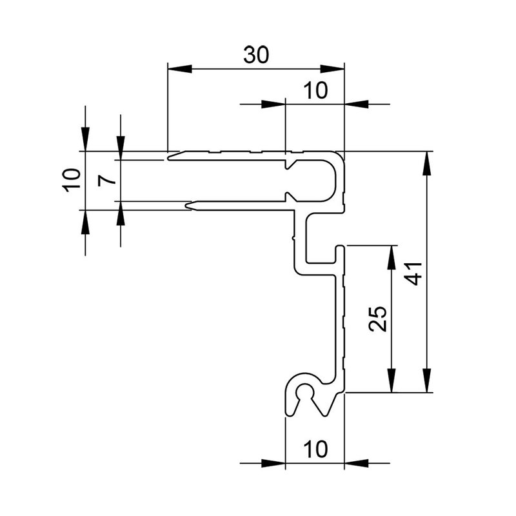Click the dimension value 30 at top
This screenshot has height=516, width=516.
[256, 55]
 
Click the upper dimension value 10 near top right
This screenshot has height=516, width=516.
[315, 91]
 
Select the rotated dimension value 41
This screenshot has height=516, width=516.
[416, 272]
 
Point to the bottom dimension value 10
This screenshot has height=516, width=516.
[315, 447]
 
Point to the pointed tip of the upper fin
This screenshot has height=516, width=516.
[169, 156]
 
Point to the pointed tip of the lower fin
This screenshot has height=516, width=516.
[188, 206]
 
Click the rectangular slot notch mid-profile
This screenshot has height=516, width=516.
[321, 239]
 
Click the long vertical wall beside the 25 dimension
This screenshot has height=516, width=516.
[341, 322]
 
